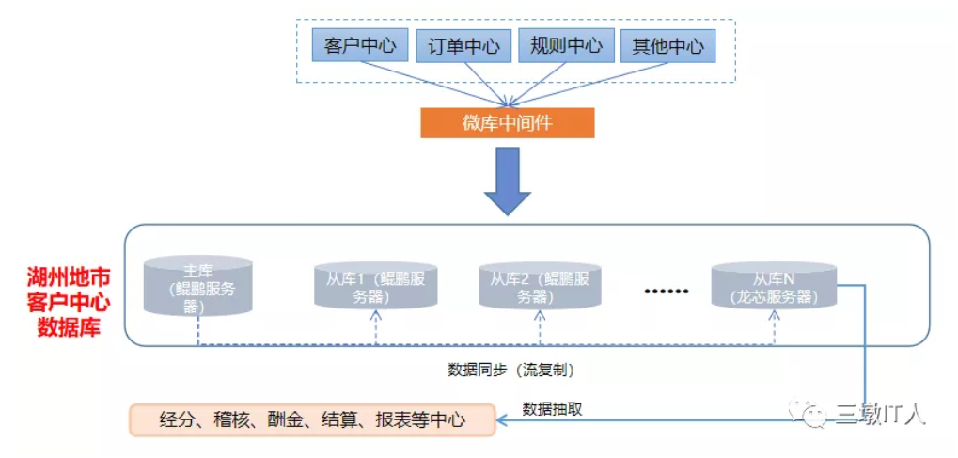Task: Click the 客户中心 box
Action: tap(360, 45)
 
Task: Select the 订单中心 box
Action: tap(463, 45)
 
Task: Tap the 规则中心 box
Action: tap(566, 45)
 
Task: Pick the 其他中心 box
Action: tap(667, 45)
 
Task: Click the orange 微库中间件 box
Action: tap(507, 123)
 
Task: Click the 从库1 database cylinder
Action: tap(374, 286)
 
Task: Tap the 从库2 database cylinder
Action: tap(540, 286)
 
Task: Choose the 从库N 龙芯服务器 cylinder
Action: tap(773, 286)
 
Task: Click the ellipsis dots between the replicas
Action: tap(666, 292)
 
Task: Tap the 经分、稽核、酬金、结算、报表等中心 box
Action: tap(313, 420)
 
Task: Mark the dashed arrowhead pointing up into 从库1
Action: tap(374, 315)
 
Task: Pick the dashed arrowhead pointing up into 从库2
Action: tap(540, 315)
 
